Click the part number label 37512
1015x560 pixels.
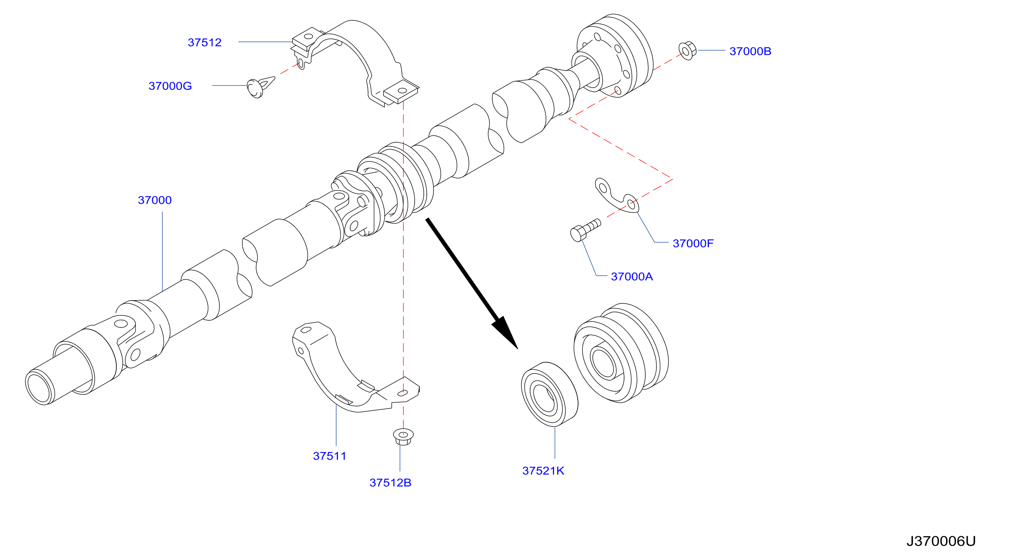pyautogui.click(x=205, y=43)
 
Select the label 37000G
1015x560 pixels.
pyautogui.click(x=170, y=86)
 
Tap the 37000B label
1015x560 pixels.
pyautogui.click(x=750, y=51)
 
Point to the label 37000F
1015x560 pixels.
pyautogui.click(x=693, y=243)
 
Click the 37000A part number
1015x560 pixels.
pyautogui.click(x=632, y=277)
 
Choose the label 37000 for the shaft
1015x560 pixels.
pyautogui.click(x=155, y=200)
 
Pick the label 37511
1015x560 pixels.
pyautogui.click(x=329, y=456)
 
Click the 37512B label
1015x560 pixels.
pyautogui.click(x=390, y=483)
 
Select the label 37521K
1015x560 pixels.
pyautogui.click(x=543, y=471)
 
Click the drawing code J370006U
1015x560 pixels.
pyautogui.click(x=941, y=542)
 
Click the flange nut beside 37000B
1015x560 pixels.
pyautogui.click(x=688, y=51)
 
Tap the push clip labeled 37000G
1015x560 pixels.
pyautogui.click(x=260, y=88)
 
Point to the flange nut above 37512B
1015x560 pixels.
pyautogui.click(x=403, y=437)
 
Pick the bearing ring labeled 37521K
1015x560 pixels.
pyautogui.click(x=550, y=394)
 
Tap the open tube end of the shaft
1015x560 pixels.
pyautogui.click(x=39, y=388)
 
